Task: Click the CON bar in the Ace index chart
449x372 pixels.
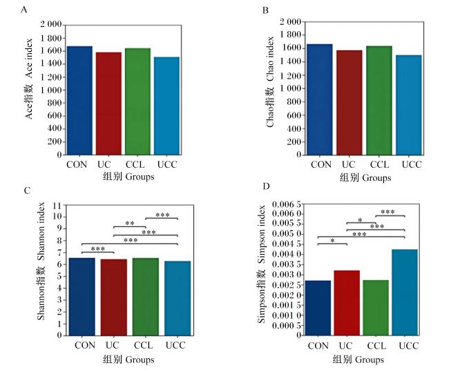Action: (x=79, y=101)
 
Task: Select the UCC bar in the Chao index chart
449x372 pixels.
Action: (x=409, y=105)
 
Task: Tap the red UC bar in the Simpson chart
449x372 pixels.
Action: (x=347, y=303)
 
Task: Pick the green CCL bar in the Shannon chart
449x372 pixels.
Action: (x=146, y=297)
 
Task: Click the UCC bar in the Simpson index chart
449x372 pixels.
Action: (x=405, y=293)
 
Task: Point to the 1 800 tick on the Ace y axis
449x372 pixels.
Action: (x=51, y=38)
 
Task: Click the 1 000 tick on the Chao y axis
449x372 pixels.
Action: (x=290, y=88)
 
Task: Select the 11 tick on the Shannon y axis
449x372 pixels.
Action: (x=57, y=206)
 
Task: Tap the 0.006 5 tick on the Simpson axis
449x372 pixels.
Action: (x=287, y=204)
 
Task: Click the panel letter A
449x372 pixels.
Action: (x=24, y=10)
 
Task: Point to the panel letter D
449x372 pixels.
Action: (x=266, y=186)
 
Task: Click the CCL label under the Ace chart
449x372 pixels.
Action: (x=135, y=164)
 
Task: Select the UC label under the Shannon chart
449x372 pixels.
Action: (x=112, y=345)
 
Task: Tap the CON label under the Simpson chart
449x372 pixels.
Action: (x=318, y=346)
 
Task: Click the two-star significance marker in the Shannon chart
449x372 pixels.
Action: (x=130, y=223)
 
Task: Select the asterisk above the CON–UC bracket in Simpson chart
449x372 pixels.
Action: (x=332, y=241)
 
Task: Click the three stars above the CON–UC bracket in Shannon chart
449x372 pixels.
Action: (x=98, y=249)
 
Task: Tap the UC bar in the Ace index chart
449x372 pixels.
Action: (x=108, y=104)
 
